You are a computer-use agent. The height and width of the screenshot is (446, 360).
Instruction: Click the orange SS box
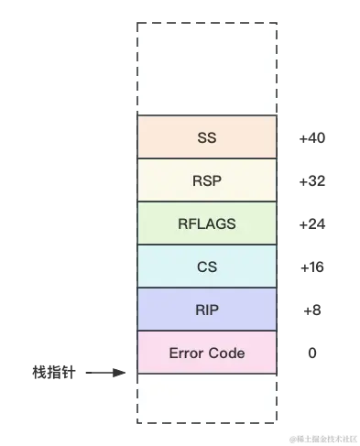click(x=207, y=138)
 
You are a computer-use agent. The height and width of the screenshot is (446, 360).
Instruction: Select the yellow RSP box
click(x=207, y=181)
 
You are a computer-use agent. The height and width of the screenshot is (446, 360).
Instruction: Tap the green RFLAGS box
click(x=207, y=224)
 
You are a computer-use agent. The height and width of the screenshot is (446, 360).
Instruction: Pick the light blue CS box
click(x=207, y=267)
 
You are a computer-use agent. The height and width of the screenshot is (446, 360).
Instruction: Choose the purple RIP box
click(x=207, y=310)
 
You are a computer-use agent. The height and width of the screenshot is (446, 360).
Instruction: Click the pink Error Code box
click(x=207, y=353)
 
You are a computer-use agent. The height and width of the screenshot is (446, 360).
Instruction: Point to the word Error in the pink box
click(x=187, y=353)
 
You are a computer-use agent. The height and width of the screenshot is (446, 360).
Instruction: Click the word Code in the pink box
click(x=227, y=353)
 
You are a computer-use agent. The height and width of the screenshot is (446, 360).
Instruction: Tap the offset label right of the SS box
click(x=311, y=139)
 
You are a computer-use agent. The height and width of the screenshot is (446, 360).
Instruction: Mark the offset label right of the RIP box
click(x=314, y=310)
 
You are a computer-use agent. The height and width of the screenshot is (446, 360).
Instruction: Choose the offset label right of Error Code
click(x=314, y=352)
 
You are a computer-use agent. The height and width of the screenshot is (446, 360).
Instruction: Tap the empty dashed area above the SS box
click(x=207, y=69)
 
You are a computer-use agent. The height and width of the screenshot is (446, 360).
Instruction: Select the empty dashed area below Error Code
click(x=207, y=398)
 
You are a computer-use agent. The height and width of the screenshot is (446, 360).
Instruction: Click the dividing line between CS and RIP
click(x=207, y=288)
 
